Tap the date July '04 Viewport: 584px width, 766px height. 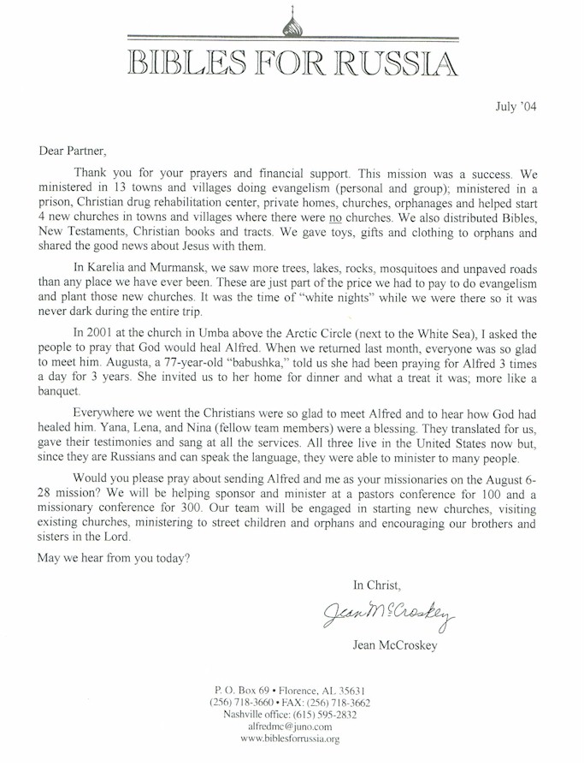click(x=516, y=107)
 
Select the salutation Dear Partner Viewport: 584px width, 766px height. click(x=74, y=151)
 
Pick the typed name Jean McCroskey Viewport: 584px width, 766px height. click(x=393, y=645)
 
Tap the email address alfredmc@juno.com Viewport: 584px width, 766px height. click(x=290, y=726)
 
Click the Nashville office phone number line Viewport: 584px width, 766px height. click(x=290, y=714)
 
